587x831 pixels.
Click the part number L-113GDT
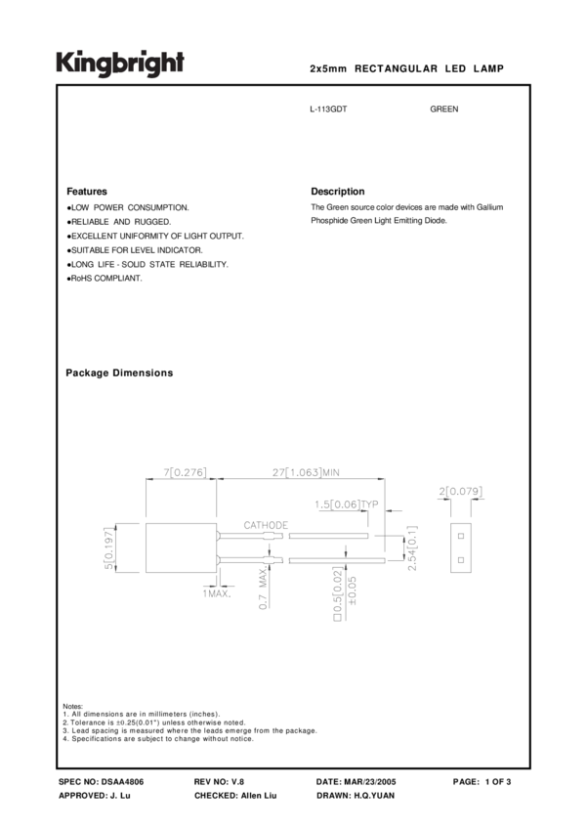pyautogui.click(x=328, y=109)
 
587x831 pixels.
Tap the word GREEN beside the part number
pyautogui.click(x=444, y=109)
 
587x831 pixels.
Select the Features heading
pyautogui.click(x=87, y=192)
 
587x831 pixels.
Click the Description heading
pyautogui.click(x=337, y=192)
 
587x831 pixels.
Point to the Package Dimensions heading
pyautogui.click(x=119, y=373)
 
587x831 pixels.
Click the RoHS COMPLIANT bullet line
pyautogui.click(x=105, y=279)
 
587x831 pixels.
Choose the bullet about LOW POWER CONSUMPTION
pyautogui.click(x=129, y=208)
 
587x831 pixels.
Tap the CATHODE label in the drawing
pyautogui.click(x=259, y=526)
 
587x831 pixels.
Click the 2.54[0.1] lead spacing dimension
pyautogui.click(x=412, y=548)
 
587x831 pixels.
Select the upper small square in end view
pyautogui.click(x=460, y=536)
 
